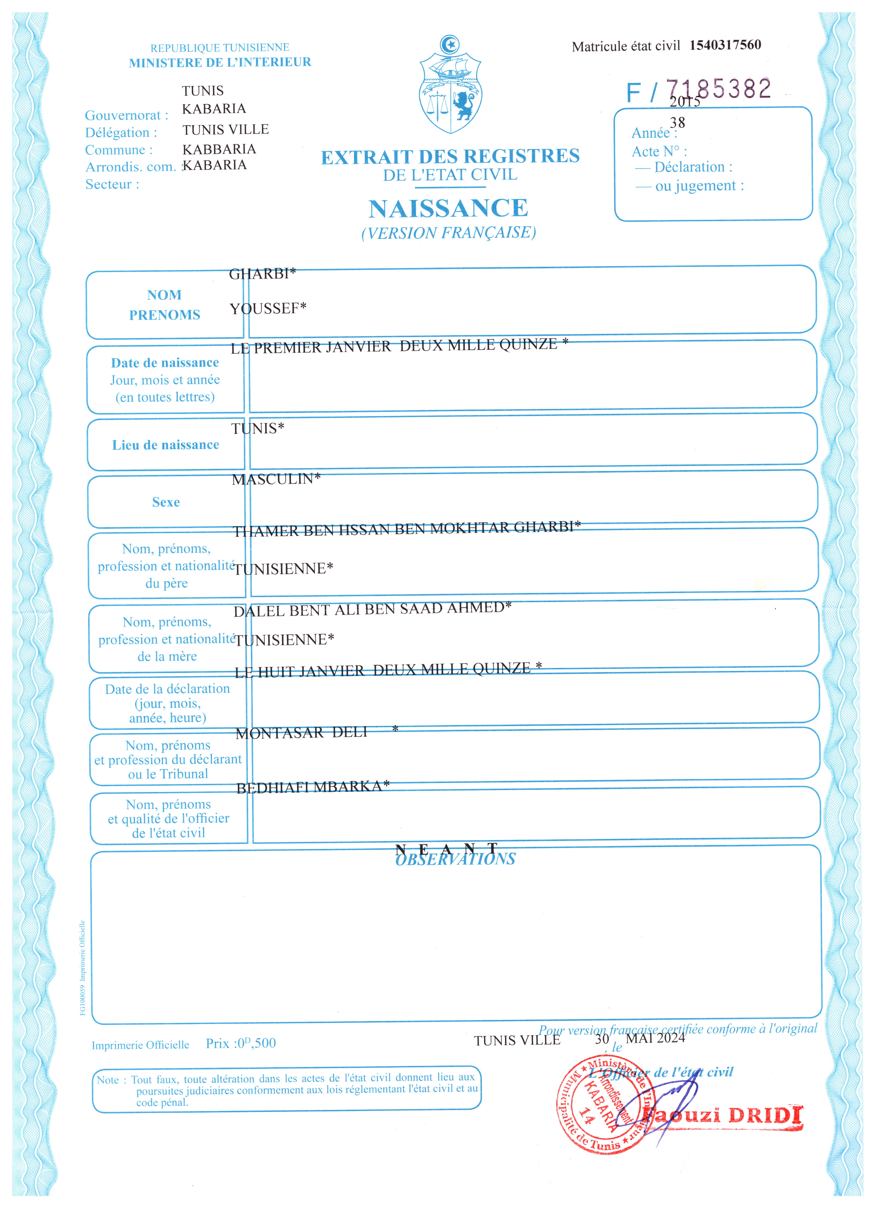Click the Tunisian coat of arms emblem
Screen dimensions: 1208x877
pyautogui.click(x=450, y=85)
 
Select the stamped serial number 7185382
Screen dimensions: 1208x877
pyautogui.click(x=718, y=88)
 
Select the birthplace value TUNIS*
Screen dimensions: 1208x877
pyautogui.click(x=258, y=428)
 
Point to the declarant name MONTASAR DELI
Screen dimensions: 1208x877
pyautogui.click(x=301, y=733)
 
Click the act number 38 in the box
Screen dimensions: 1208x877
pyautogui.click(x=678, y=123)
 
